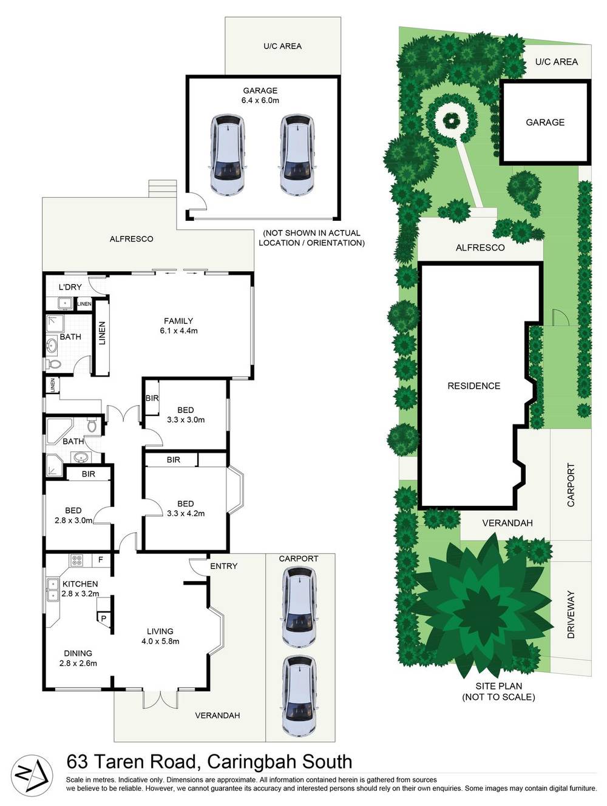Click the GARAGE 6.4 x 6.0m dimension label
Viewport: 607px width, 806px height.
click(x=260, y=95)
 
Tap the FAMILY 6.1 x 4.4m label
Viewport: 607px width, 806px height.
click(x=178, y=326)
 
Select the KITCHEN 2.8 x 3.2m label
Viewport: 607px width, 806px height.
click(x=80, y=589)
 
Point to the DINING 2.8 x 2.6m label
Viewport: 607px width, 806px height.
click(x=78, y=659)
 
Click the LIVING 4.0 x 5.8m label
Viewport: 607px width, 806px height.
click(x=160, y=636)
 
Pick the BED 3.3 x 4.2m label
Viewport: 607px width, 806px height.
click(x=186, y=509)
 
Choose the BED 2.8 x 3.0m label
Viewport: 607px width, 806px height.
click(x=73, y=515)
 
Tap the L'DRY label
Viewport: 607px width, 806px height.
click(x=70, y=287)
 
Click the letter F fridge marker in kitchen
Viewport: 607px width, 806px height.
click(x=100, y=560)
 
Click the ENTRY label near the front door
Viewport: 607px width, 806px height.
click(x=224, y=566)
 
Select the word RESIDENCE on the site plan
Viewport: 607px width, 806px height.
click(x=474, y=386)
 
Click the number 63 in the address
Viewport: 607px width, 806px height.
click(x=77, y=762)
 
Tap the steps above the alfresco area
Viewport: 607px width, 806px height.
click(x=163, y=189)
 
